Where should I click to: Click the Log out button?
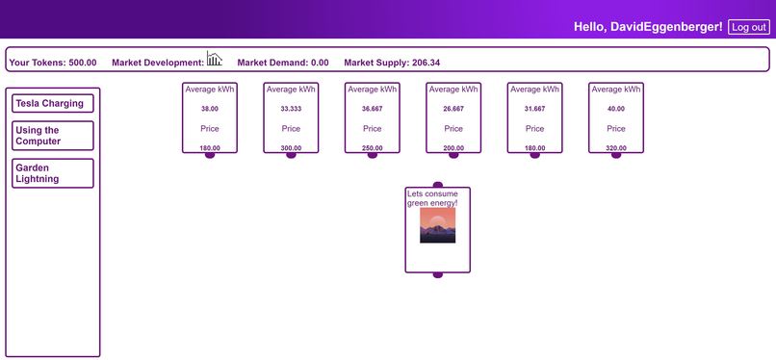tap(748, 27)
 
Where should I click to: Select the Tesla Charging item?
tap(54, 103)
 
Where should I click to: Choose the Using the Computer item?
tap(54, 136)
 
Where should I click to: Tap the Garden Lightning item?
tap(54, 173)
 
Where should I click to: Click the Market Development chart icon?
tap(214, 59)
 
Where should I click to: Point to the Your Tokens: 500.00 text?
tap(53, 63)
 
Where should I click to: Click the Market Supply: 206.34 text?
tap(392, 63)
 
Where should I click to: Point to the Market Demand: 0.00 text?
tap(283, 63)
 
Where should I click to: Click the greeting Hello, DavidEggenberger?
tap(648, 27)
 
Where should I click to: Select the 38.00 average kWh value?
tap(210, 109)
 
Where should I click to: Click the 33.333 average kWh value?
tap(291, 109)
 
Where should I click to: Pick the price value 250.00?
tap(373, 148)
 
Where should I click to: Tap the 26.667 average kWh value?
tap(453, 109)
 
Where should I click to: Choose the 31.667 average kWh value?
tap(535, 109)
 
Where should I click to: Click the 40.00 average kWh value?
tap(616, 109)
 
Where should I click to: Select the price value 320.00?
tap(616, 148)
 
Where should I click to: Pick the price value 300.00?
tap(291, 148)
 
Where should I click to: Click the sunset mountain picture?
tap(437, 225)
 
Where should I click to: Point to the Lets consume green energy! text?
tap(432, 198)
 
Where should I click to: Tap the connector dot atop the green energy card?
tap(438, 185)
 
